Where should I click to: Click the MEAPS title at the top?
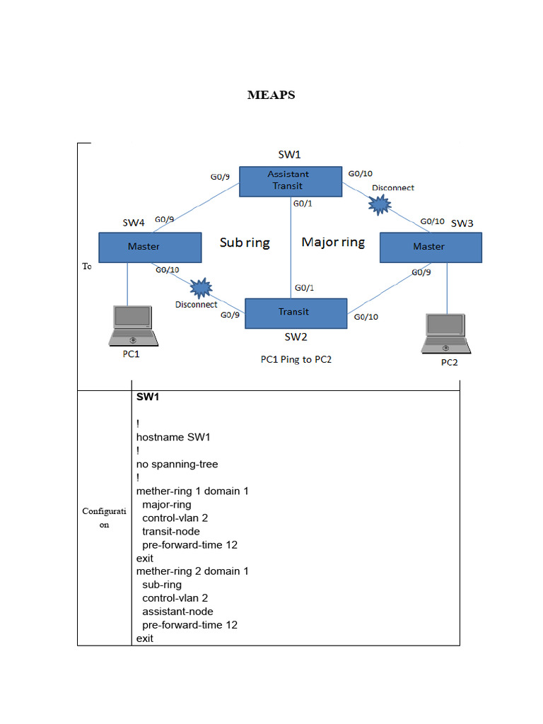click(x=271, y=95)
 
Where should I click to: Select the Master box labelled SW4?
click(x=149, y=247)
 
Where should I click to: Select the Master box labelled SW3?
click(x=430, y=247)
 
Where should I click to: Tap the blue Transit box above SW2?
click(x=296, y=313)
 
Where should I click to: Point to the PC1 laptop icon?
click(x=132, y=326)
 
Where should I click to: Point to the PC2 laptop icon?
click(x=446, y=333)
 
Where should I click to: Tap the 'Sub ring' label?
click(x=245, y=243)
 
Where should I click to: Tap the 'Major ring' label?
click(x=333, y=242)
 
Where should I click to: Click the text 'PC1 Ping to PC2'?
click(x=296, y=359)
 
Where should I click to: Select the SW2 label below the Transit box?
click(x=296, y=337)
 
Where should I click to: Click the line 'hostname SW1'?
click(x=173, y=437)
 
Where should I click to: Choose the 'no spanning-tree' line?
click(x=177, y=464)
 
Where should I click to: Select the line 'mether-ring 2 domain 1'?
click(x=192, y=571)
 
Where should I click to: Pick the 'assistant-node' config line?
click(x=177, y=611)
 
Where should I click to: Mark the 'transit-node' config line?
click(x=170, y=531)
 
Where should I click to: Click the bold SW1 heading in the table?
click(x=148, y=397)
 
